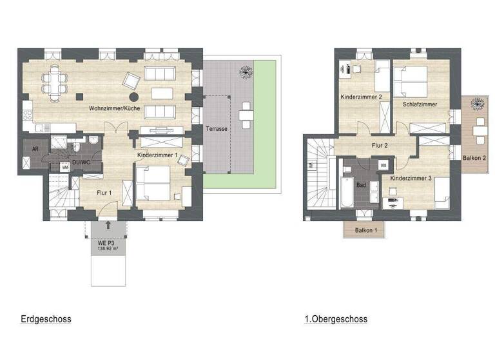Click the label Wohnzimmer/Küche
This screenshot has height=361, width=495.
(x=114, y=109)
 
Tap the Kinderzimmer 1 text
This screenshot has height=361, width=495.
(x=157, y=155)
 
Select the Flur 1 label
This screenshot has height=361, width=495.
(x=104, y=192)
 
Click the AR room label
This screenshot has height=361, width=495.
(x=35, y=148)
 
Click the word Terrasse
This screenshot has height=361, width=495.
(x=216, y=129)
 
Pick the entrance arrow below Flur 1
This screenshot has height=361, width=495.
(x=108, y=226)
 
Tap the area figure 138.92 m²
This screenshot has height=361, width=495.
(x=109, y=248)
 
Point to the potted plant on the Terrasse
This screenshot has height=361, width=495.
(x=245, y=71)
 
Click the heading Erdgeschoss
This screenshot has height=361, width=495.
(x=46, y=319)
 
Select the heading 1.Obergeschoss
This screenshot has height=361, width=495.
(x=336, y=319)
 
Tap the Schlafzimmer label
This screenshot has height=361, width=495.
(x=420, y=104)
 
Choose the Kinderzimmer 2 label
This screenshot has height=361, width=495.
(x=362, y=97)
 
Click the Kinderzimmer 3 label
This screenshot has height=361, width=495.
(x=411, y=177)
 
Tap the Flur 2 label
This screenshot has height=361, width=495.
(x=380, y=146)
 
